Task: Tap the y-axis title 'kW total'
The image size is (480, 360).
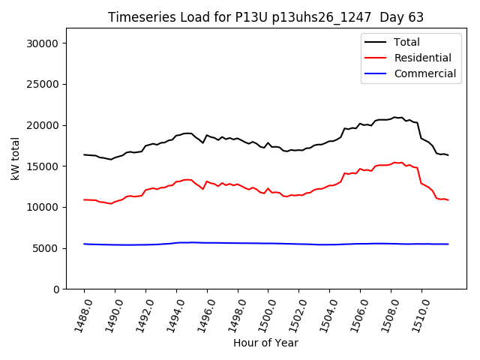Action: point(16,159)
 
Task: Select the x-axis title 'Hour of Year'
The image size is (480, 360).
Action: point(265,343)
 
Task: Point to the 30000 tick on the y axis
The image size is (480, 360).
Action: point(43,43)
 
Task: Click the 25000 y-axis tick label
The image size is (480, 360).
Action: point(43,85)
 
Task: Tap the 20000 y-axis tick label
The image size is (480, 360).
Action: point(43,125)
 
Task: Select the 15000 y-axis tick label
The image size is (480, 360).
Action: point(43,166)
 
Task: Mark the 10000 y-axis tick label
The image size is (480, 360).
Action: point(43,207)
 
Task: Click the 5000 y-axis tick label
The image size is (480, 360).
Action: point(46,248)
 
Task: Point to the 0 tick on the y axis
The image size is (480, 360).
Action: point(55,289)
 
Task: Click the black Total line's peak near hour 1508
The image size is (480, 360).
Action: point(394,118)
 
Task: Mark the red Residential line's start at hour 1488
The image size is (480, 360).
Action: point(84,199)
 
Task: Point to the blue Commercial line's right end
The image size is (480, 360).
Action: point(448,244)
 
